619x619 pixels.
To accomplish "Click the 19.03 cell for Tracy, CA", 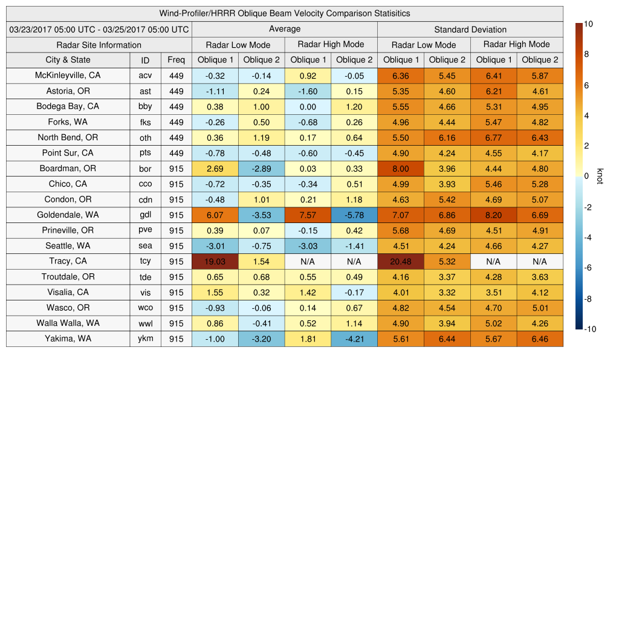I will click(215, 261).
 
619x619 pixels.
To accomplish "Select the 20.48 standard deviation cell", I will click(400, 261).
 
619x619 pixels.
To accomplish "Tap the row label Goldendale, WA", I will click(68, 215).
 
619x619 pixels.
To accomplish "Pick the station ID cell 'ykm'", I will click(145, 339).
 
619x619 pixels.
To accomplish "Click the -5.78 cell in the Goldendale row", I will click(354, 215).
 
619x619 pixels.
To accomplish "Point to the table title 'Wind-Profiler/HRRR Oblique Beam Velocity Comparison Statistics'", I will click(284, 13).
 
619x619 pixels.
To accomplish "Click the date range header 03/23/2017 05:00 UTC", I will click(99, 29).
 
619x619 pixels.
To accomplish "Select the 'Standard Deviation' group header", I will click(470, 29).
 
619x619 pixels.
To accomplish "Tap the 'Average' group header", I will click(284, 29).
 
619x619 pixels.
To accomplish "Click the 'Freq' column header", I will click(176, 60).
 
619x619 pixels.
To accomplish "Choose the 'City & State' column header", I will click(68, 60).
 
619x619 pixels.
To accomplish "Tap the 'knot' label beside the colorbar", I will click(600, 176).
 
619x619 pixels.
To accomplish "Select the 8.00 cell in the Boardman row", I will click(400, 169).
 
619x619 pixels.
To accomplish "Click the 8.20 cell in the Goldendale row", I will click(493, 215).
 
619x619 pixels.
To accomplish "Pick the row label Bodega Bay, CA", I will click(68, 106).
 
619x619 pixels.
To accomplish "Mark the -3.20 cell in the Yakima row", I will click(261, 339).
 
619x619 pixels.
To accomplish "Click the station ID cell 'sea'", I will click(145, 246).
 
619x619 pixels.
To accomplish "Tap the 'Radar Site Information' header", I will click(99, 45).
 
